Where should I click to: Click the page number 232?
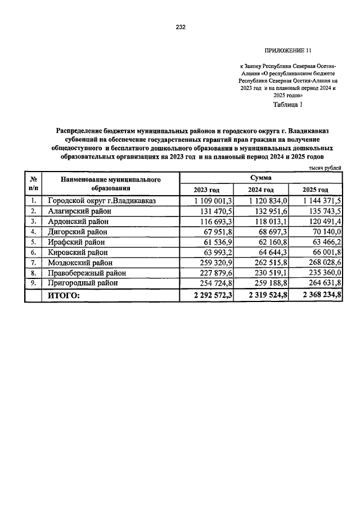click(x=180, y=26)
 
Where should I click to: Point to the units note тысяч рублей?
click(x=324, y=167)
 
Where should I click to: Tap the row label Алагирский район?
click(x=79, y=210)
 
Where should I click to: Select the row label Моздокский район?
click(x=80, y=262)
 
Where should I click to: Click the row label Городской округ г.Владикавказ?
click(x=102, y=200)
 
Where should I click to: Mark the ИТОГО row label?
click(x=64, y=295)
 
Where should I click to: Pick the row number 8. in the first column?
click(x=33, y=272)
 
